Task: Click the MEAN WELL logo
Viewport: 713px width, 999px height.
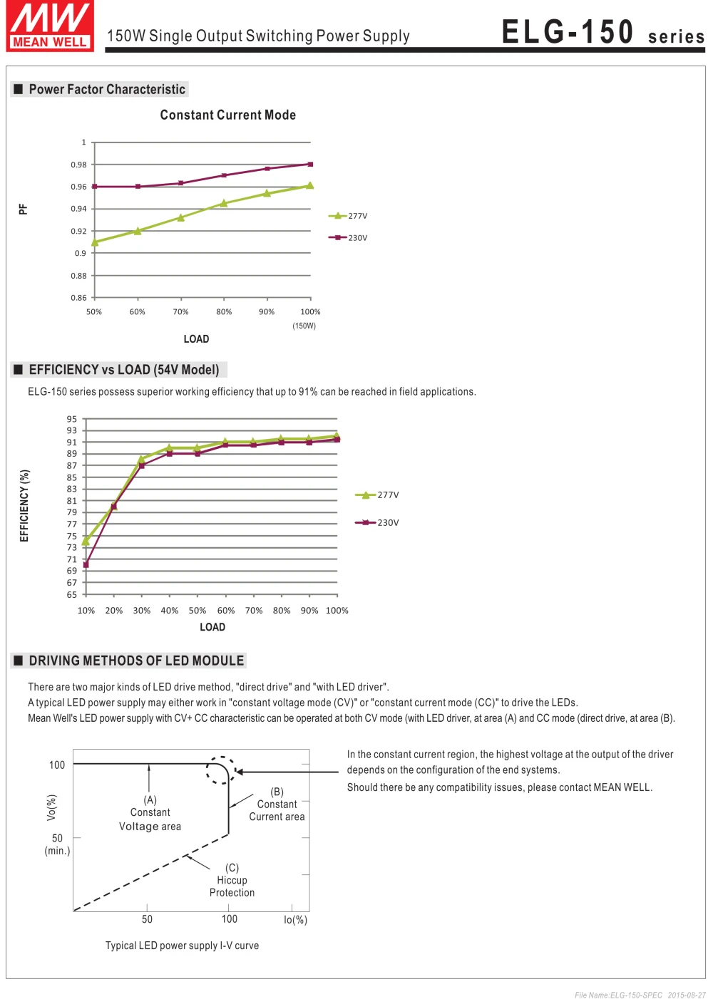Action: point(50,26)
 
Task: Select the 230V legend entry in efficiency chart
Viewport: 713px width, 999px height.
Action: point(378,523)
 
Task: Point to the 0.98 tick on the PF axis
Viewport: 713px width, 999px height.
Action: point(78,165)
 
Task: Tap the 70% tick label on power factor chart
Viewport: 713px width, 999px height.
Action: point(181,312)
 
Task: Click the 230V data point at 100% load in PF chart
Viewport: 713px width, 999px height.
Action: point(310,165)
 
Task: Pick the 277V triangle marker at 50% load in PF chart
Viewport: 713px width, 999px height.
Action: point(95,242)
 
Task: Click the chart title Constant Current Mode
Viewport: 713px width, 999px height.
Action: point(227,115)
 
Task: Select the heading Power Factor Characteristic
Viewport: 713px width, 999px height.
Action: point(107,90)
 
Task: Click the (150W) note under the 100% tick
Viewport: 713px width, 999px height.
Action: point(304,326)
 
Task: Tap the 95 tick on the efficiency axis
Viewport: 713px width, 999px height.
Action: point(72,419)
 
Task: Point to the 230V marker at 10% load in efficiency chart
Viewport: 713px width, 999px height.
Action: point(86,564)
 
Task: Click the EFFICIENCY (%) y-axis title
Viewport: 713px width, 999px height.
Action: point(25,505)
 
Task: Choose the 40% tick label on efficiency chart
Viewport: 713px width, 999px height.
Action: point(170,611)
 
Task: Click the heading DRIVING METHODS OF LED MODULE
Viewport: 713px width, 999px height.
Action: point(136,661)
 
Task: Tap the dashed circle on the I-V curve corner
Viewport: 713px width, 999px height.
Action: point(221,770)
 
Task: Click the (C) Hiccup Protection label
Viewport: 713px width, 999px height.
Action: point(232,881)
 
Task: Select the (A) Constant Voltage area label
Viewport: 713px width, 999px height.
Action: point(150,814)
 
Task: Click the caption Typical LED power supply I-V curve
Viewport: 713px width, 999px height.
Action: point(182,946)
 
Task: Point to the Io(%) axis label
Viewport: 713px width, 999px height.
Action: point(295,921)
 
